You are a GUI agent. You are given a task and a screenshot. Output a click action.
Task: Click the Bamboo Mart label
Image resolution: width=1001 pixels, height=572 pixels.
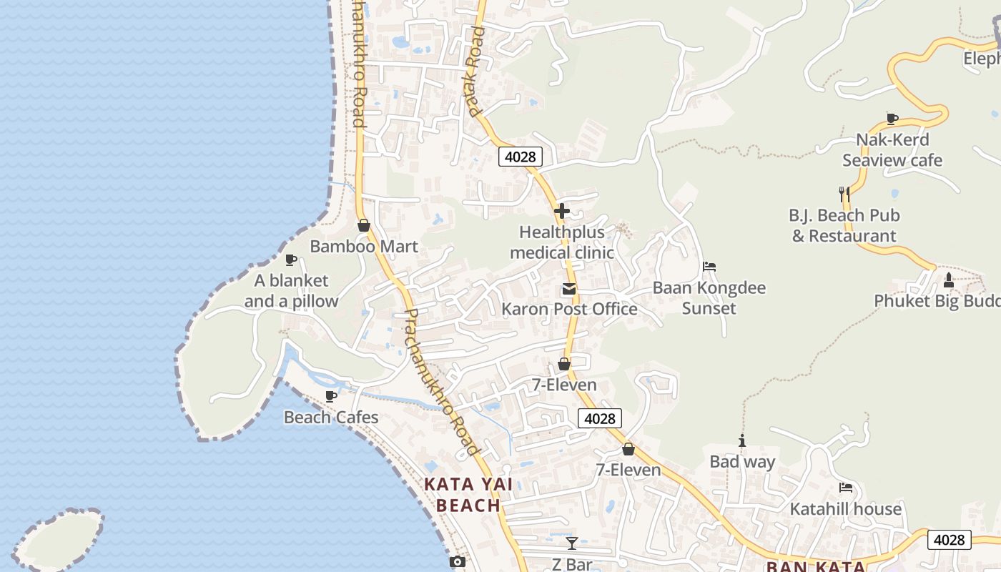364,247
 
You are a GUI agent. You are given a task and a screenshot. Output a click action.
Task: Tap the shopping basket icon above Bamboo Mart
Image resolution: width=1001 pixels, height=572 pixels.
364,226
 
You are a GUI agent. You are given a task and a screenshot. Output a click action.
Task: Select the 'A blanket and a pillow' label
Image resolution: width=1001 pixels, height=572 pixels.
291,291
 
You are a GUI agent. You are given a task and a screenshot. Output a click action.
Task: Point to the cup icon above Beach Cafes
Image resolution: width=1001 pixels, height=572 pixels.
331,396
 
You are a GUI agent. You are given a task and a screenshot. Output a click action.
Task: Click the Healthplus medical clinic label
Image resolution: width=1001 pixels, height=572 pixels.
562,242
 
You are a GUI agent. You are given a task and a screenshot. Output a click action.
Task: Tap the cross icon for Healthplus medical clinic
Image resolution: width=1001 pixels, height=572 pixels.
562,211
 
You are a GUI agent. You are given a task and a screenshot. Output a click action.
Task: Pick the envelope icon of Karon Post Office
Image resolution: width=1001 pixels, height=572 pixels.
569,289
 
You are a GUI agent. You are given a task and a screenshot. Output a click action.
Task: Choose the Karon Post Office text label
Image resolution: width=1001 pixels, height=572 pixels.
569,309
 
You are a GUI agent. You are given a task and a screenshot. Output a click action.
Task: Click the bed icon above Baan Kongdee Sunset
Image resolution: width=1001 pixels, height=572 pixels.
709,267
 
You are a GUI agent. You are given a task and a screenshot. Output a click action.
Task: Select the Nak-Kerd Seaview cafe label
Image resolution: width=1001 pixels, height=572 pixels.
892,150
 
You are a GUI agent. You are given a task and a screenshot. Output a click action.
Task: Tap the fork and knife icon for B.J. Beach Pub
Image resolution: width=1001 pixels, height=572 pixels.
844,194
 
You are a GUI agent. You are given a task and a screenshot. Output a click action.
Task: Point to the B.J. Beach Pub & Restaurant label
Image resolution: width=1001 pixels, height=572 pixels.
844,225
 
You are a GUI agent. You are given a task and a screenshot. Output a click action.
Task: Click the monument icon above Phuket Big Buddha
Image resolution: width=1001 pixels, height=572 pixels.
949,280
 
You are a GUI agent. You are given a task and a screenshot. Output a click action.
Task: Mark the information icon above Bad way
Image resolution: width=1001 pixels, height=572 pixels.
742,441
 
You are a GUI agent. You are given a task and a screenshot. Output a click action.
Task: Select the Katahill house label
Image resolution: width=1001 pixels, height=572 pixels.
846,509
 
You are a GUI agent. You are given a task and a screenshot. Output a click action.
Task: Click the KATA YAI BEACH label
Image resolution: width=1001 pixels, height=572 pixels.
468,495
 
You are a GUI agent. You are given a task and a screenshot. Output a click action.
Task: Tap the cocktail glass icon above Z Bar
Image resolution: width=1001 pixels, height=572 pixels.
572,543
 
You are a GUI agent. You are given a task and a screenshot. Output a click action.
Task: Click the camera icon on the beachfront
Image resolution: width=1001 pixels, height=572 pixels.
458,562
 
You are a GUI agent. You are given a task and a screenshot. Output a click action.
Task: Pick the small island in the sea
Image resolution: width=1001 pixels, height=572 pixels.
59,540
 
